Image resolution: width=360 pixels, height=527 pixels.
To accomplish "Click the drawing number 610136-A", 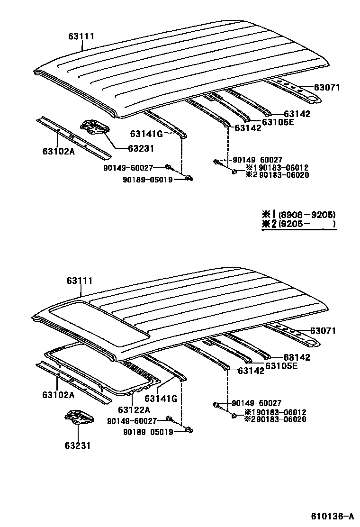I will tap(332, 516).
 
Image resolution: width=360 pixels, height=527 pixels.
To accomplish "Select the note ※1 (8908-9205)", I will tap(298, 214).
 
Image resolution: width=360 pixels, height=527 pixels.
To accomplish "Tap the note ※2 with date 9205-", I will tap(298, 224).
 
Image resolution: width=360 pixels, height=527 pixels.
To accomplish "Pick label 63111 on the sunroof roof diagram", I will tap(79, 281).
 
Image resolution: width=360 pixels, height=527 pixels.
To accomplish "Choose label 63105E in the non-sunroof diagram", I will tap(278, 122).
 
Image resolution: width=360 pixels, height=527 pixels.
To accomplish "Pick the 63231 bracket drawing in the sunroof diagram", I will tap(79, 419).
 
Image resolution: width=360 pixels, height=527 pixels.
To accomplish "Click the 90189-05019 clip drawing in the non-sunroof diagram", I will tap(190, 178).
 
